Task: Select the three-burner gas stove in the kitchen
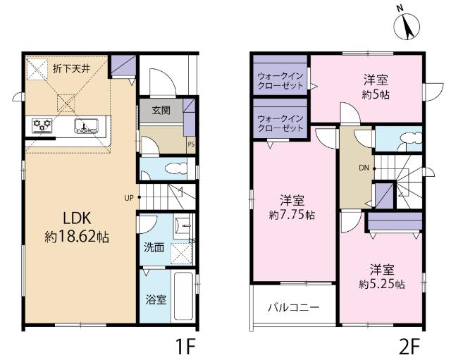point(42,126)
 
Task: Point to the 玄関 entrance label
point(160,110)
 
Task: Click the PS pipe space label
point(190,146)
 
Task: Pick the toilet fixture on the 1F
point(170,169)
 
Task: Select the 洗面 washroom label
point(155,248)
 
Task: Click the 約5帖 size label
point(373,94)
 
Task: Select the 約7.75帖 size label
point(291,215)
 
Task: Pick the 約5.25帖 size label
point(381,284)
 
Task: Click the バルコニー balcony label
point(293,308)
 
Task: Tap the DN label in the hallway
point(364,168)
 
